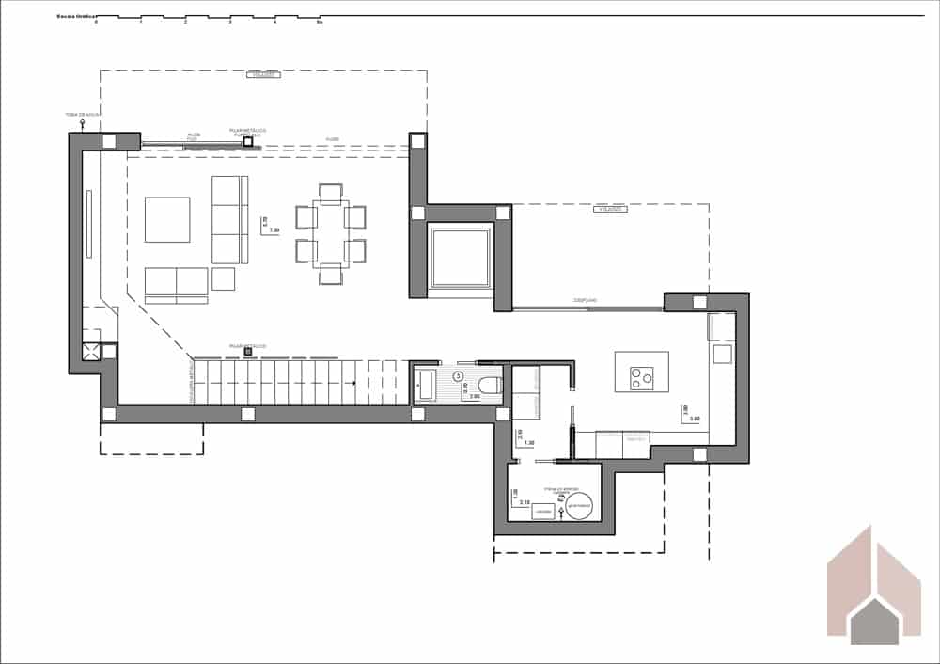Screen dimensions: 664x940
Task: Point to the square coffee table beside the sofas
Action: click(x=167, y=219)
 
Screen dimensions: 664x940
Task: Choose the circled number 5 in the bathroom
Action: click(x=459, y=376)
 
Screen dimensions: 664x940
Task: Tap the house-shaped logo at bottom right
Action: click(x=873, y=587)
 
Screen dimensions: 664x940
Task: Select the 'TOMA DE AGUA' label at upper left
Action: click(x=82, y=115)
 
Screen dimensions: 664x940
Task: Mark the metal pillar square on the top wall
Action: click(x=249, y=142)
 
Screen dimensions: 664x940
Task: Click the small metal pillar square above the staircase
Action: click(x=247, y=352)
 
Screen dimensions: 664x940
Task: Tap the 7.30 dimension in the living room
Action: click(x=274, y=230)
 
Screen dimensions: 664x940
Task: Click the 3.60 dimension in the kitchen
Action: click(x=694, y=419)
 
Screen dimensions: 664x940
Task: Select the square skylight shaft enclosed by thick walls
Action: click(x=460, y=258)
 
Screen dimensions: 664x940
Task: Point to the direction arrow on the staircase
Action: click(x=351, y=383)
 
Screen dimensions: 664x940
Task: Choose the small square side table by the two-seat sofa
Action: click(x=223, y=278)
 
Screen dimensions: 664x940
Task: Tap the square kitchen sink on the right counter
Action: click(x=722, y=354)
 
